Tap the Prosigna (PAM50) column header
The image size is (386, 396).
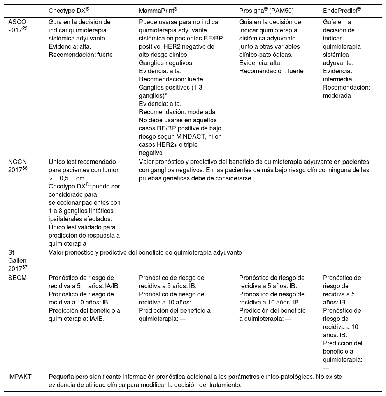(x=266, y=11)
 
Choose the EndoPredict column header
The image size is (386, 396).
(x=342, y=11)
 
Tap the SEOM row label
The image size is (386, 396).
(x=17, y=278)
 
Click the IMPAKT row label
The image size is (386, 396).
(x=20, y=377)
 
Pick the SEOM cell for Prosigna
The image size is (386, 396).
(x=272, y=298)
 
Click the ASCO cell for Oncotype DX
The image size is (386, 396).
(x=79, y=38)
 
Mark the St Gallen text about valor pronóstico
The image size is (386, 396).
(x=145, y=253)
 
